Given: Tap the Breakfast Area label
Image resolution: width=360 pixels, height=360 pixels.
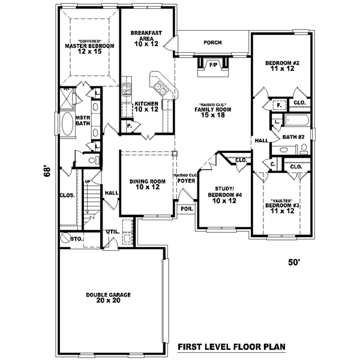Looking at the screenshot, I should point(146,37).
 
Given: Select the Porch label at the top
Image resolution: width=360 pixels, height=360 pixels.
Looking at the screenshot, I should point(212,43).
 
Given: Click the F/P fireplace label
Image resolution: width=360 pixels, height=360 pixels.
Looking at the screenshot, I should point(213,64).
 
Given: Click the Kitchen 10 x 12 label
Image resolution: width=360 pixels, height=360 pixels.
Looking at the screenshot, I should point(146,106).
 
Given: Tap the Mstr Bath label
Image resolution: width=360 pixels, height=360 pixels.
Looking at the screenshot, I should point(83,121).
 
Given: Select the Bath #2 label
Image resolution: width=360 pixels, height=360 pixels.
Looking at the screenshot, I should point(294,137).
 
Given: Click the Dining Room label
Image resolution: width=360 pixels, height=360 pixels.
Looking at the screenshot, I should point(147,184).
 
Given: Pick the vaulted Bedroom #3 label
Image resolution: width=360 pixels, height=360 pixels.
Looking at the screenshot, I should point(282,206).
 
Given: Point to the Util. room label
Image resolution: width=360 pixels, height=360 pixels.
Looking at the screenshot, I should point(112,231).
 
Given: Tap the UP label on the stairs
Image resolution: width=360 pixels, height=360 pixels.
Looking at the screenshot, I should point(87,181).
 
